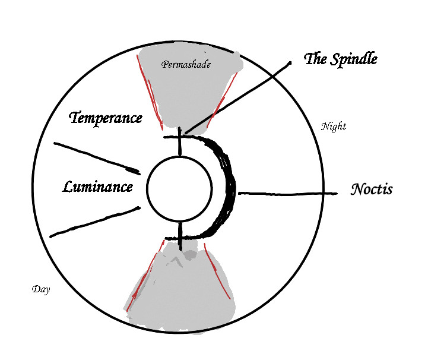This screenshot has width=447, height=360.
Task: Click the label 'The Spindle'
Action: (341, 59)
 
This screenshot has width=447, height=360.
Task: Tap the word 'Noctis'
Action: (372, 190)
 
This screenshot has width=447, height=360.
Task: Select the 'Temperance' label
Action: (106, 118)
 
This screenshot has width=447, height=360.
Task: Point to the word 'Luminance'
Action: (97, 187)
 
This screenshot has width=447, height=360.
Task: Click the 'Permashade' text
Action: (186, 64)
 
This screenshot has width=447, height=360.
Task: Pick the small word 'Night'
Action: (333, 126)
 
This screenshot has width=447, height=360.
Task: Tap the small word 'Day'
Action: (40, 289)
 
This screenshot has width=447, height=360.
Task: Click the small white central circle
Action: (179, 188)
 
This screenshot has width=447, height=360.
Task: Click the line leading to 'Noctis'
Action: (285, 193)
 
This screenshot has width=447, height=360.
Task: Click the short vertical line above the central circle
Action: (180, 145)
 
